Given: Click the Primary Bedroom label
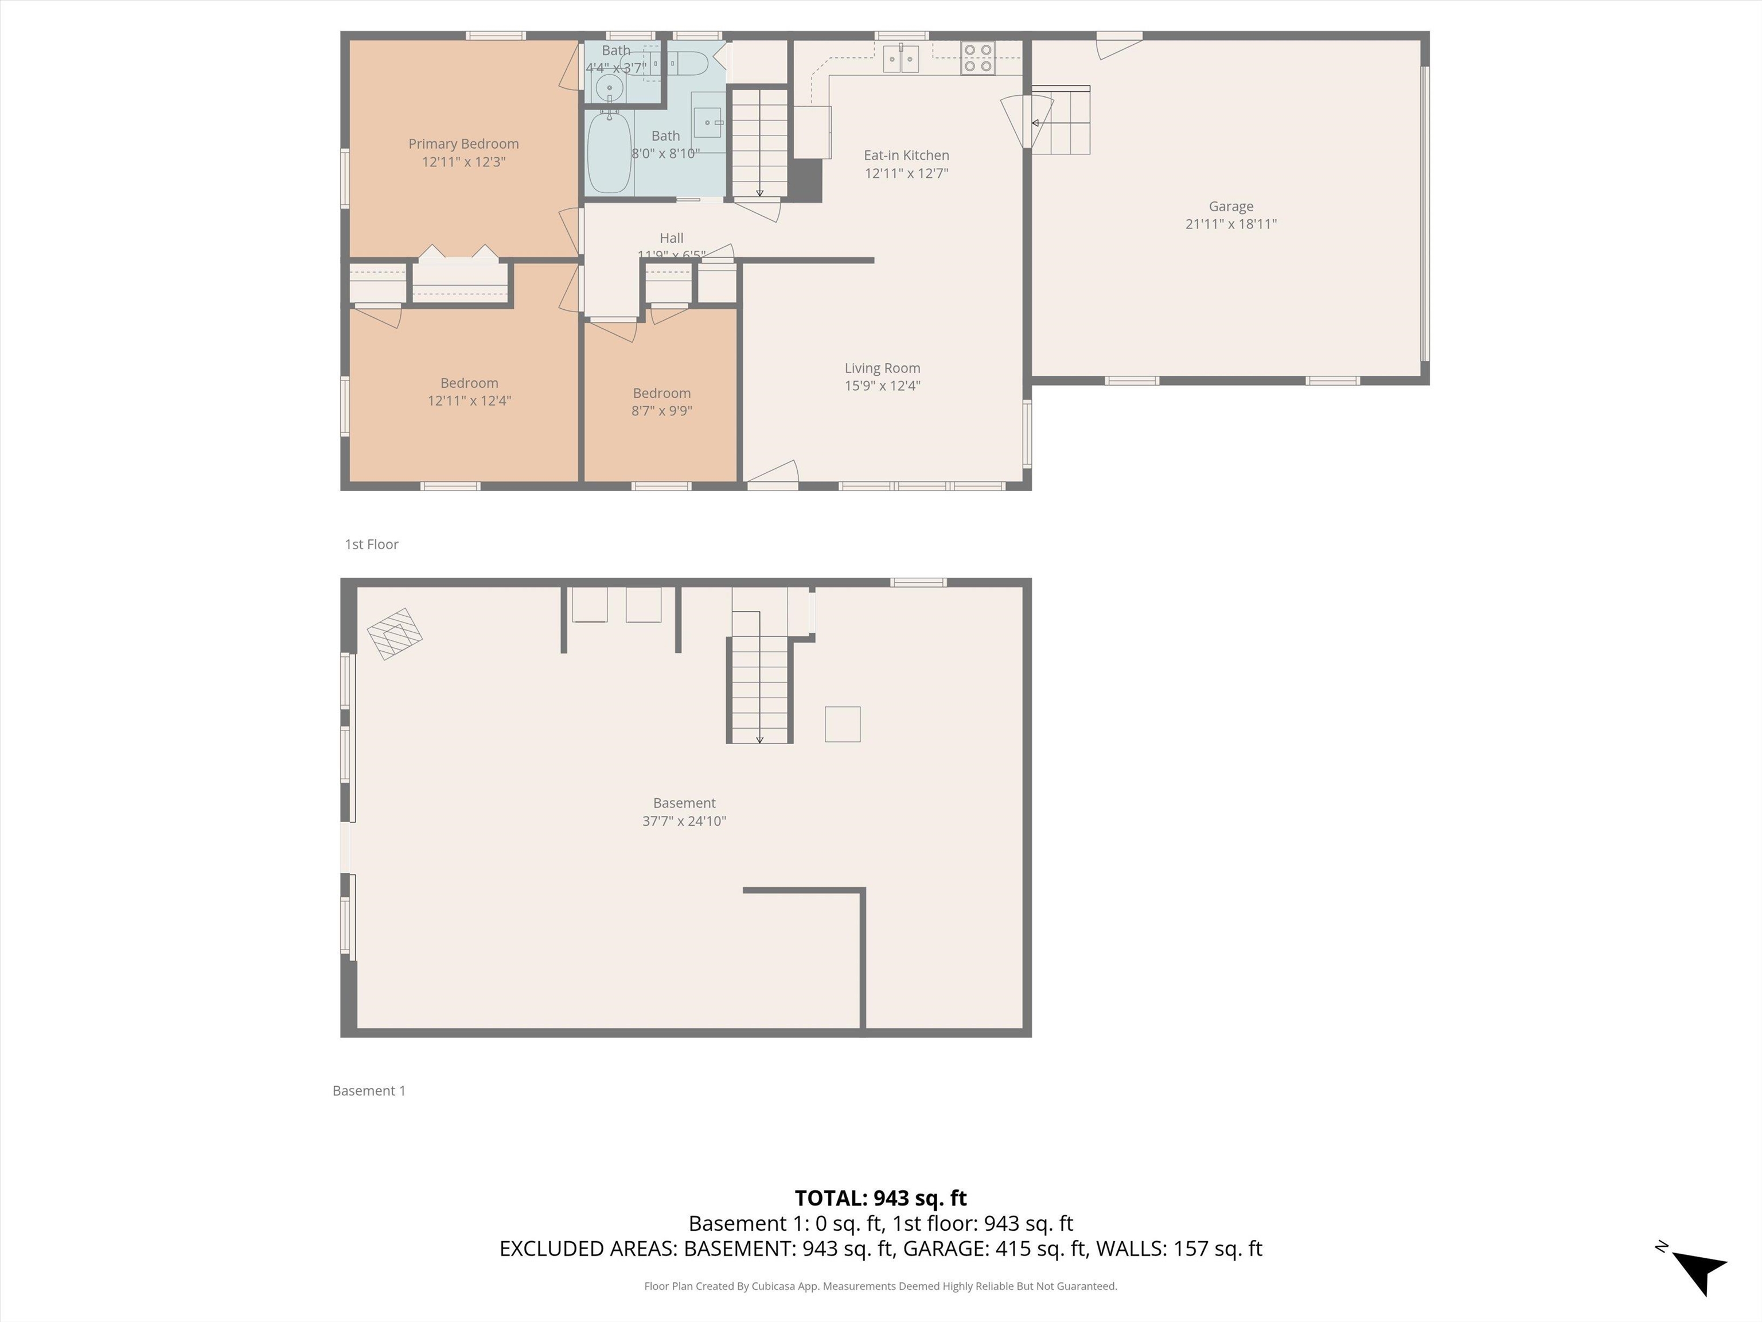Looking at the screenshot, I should click(x=463, y=144).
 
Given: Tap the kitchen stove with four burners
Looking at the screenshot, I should click(x=977, y=58).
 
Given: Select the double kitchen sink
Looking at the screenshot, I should click(x=901, y=59).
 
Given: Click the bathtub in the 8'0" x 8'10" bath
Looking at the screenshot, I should click(x=609, y=153).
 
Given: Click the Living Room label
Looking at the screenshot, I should click(x=882, y=368).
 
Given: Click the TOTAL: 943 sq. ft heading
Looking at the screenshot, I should click(x=880, y=1197).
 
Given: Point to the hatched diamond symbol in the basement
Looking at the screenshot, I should click(x=394, y=634).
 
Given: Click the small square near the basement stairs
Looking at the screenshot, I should click(x=842, y=724).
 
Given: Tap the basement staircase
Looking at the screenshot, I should click(x=760, y=677).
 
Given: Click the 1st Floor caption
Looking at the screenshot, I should click(x=371, y=545).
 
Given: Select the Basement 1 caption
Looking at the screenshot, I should click(x=369, y=1091).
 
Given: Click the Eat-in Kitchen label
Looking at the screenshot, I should click(x=906, y=155).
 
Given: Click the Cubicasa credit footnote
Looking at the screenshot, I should click(x=880, y=1286).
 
